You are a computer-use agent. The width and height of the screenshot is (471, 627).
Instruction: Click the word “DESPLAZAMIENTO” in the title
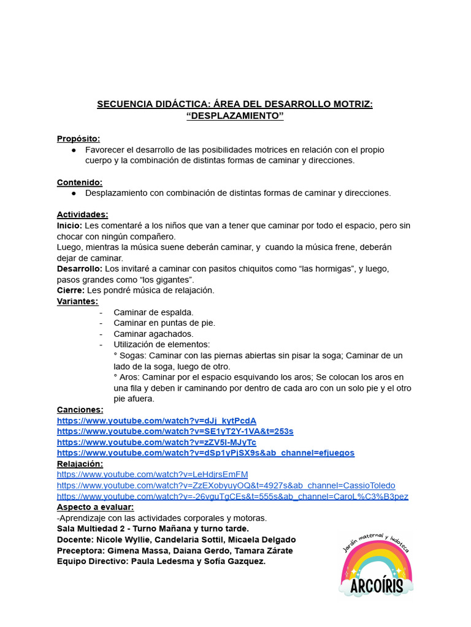tap(235, 116)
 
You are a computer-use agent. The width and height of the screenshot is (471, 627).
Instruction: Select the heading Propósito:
tap(78, 138)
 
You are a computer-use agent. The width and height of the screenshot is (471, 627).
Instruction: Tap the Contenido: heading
tap(80, 182)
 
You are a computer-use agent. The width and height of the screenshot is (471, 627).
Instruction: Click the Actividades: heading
tap(82, 214)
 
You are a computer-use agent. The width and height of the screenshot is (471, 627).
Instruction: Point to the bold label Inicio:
tap(69, 225)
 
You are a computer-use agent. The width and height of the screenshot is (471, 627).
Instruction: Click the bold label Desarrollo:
tap(80, 268)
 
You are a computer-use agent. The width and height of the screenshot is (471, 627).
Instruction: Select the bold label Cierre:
tap(71, 290)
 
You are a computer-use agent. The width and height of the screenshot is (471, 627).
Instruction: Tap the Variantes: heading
tap(77, 301)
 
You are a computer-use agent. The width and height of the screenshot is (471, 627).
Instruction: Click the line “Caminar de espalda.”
tap(153, 312)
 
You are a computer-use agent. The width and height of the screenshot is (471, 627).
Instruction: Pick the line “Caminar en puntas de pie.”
tap(164, 323)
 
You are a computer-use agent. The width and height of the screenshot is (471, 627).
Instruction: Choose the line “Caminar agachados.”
tap(153, 334)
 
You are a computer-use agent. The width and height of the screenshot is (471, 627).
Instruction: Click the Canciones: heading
tap(80, 409)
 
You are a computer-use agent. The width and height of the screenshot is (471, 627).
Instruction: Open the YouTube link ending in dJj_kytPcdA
tap(156, 420)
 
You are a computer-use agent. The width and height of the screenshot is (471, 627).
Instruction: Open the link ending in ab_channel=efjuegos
tap(205, 452)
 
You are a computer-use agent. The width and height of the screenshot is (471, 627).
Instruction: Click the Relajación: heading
tap(80, 464)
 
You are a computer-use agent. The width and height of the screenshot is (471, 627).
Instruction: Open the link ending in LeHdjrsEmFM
tap(152, 474)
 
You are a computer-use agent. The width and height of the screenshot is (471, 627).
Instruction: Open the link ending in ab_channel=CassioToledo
tap(226, 485)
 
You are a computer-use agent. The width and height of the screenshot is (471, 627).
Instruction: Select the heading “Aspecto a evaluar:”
tap(95, 507)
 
